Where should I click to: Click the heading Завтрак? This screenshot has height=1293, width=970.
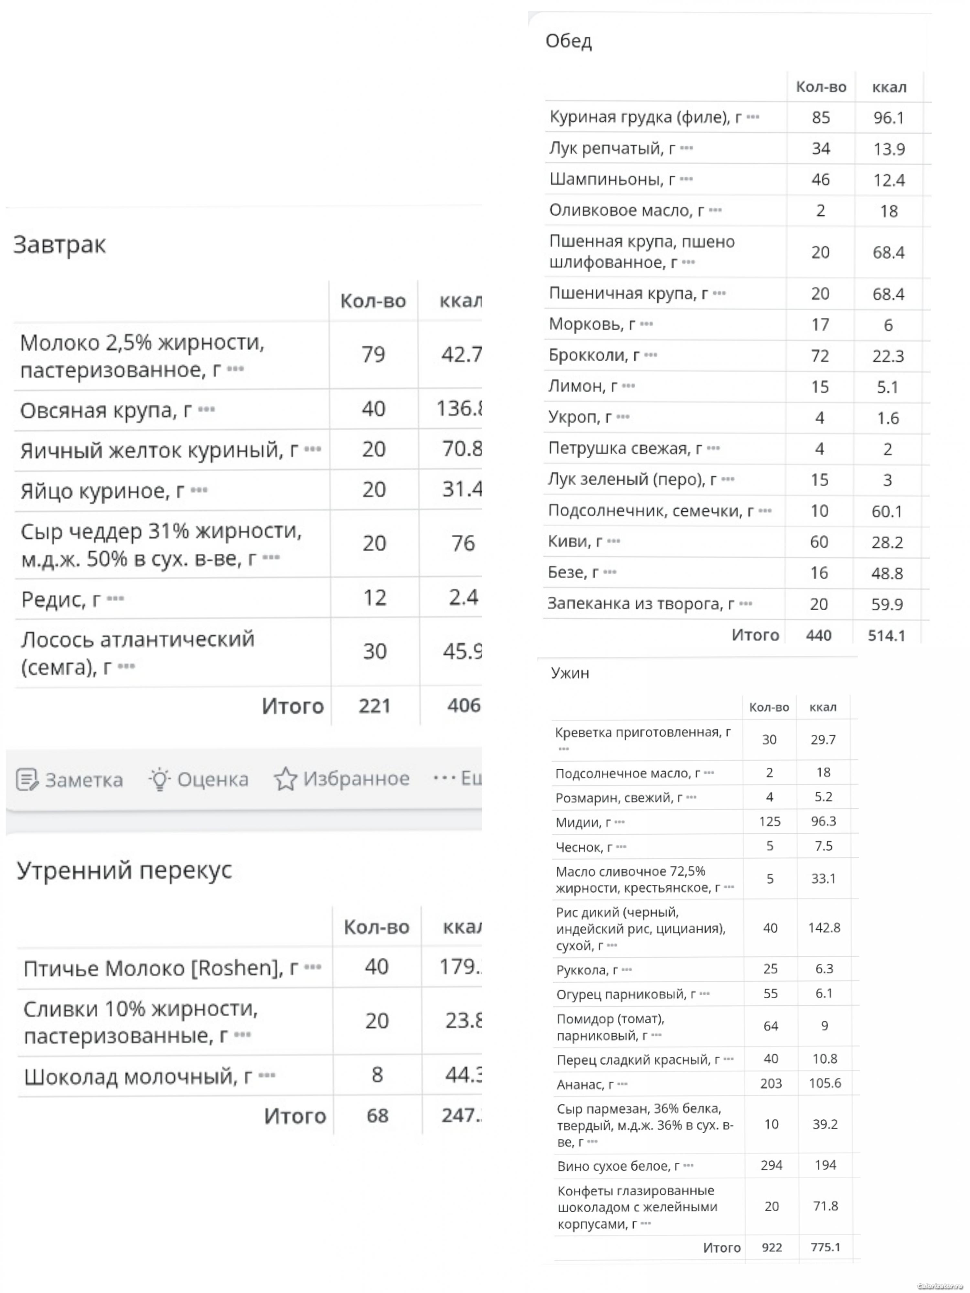click(59, 244)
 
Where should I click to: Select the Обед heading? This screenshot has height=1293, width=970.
click(568, 41)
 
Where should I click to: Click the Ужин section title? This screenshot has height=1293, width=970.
click(569, 673)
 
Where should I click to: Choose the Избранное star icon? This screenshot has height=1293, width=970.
click(285, 779)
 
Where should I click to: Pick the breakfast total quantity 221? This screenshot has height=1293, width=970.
click(374, 706)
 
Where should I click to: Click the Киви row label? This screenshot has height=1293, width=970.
click(575, 542)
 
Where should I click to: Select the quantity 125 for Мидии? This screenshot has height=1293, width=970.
click(770, 821)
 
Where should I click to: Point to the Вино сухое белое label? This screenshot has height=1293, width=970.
click(618, 1166)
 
